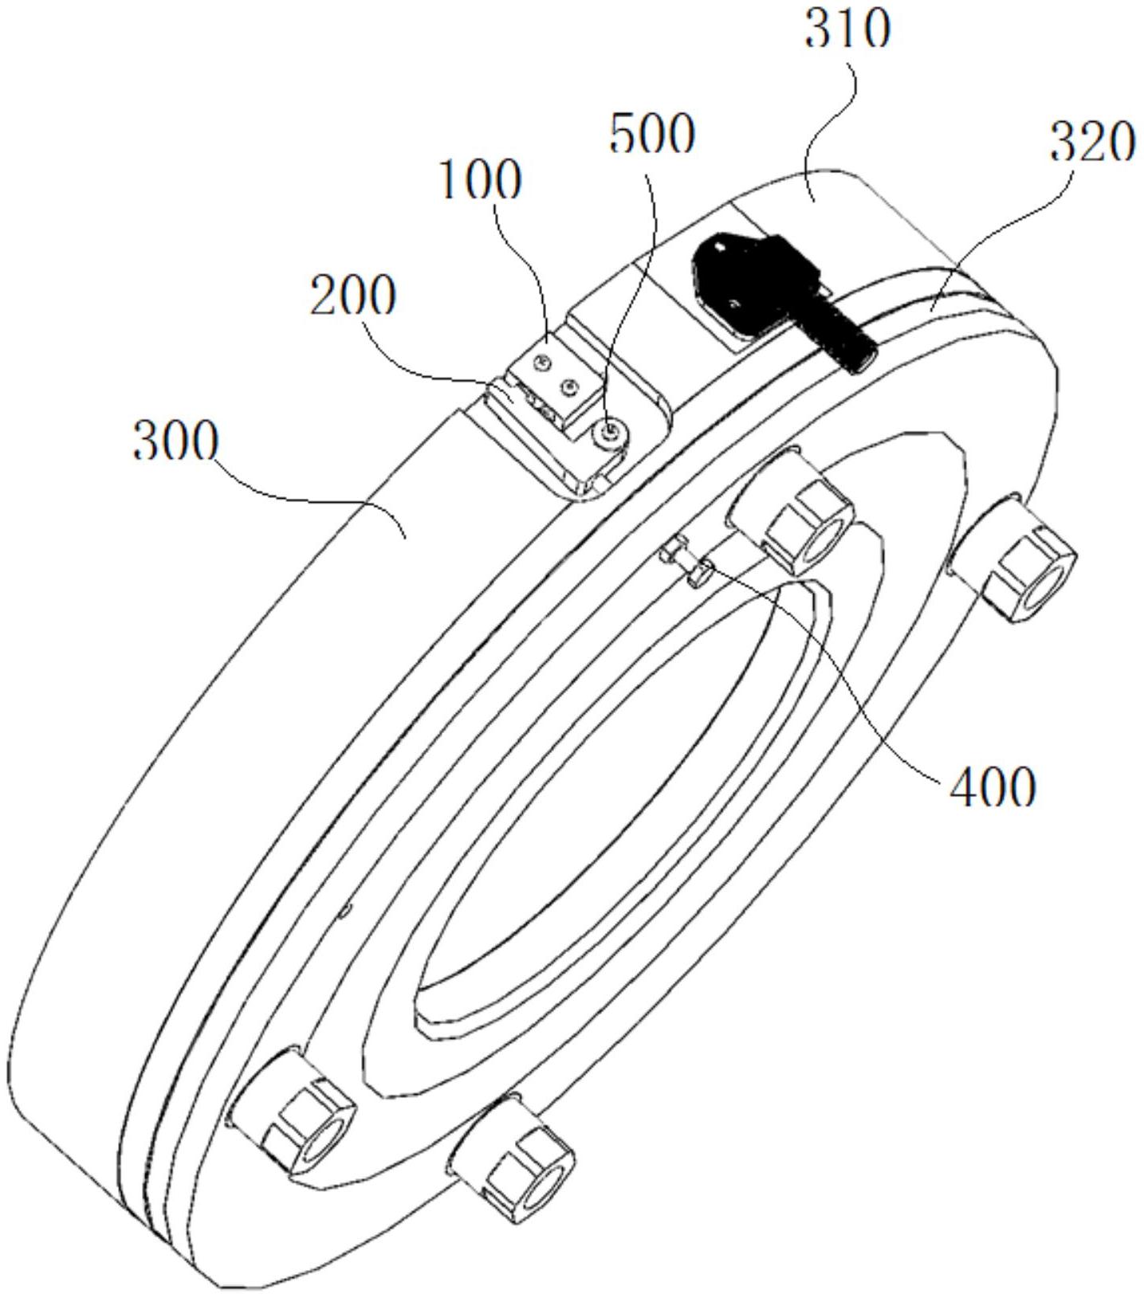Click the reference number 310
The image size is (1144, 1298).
[x=847, y=32]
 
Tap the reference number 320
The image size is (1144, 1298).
[x=1091, y=143]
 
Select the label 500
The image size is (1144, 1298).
[x=651, y=135]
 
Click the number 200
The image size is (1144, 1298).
[x=352, y=297]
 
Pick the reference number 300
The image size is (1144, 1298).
[x=175, y=442]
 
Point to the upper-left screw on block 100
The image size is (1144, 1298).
[x=541, y=363]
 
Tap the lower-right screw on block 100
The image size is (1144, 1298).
[x=568, y=388]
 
